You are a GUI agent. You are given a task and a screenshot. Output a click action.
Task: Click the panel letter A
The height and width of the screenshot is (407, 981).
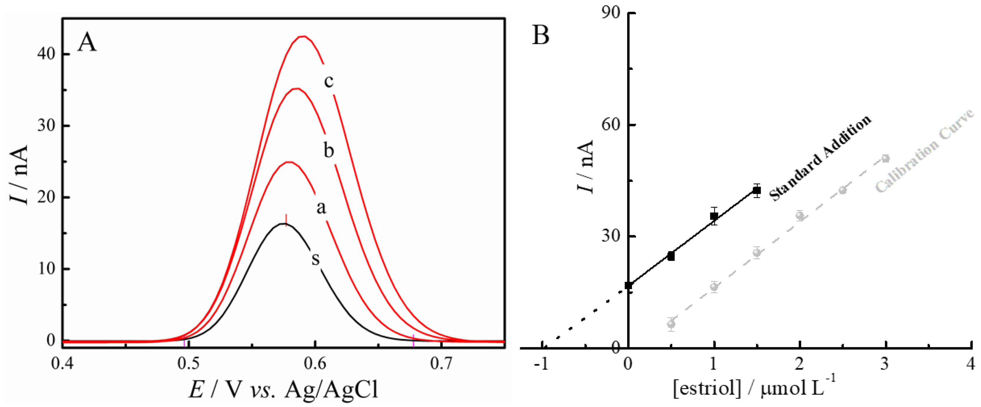pyautogui.click(x=87, y=43)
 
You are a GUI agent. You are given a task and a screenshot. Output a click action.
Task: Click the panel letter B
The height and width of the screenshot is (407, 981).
pyautogui.click(x=540, y=35)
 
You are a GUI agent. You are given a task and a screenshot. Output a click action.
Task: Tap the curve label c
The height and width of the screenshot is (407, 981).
pyautogui.click(x=329, y=81)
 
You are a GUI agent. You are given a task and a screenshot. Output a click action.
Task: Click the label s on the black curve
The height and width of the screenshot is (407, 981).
pyautogui.click(x=315, y=259)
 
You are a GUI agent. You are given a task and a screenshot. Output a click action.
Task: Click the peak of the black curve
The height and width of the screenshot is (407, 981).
pyautogui.click(x=284, y=224)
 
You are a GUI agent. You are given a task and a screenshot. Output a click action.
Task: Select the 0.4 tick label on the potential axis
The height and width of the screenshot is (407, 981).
pyautogui.click(x=62, y=364)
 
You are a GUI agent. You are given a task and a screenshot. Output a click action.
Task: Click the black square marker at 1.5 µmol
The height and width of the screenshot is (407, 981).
pyautogui.click(x=757, y=191)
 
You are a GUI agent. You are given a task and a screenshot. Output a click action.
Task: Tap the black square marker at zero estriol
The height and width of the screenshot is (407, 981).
pyautogui.click(x=628, y=286)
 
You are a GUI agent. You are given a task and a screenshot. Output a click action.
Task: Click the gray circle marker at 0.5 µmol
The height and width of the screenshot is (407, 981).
pyautogui.click(x=671, y=324)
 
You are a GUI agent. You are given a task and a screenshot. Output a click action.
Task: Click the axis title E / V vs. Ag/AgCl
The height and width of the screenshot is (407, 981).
pyautogui.click(x=284, y=390)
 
